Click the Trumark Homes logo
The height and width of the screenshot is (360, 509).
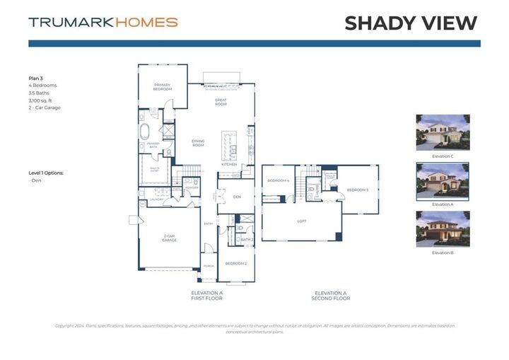click(x=103, y=22)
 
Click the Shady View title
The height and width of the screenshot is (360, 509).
click(x=411, y=23)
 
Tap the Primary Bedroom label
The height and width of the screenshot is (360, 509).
click(x=163, y=87)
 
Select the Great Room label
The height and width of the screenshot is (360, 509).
click(x=221, y=103)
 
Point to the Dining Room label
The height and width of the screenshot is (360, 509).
click(x=198, y=143)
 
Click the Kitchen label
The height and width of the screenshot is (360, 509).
click(x=229, y=164)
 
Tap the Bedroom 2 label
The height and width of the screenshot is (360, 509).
click(x=235, y=263)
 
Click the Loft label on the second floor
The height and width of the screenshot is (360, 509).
click(x=301, y=221)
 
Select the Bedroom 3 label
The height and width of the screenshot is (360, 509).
click(x=357, y=190)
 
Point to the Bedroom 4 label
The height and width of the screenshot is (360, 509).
click(x=278, y=180)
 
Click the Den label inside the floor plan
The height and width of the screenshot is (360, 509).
click(x=238, y=197)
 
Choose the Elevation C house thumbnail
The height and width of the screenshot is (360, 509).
click(x=443, y=132)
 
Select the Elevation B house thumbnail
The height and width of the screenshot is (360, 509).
click(x=443, y=229)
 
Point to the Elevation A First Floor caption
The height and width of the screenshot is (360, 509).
click(x=207, y=296)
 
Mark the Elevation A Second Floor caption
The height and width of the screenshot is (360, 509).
click(x=331, y=296)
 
